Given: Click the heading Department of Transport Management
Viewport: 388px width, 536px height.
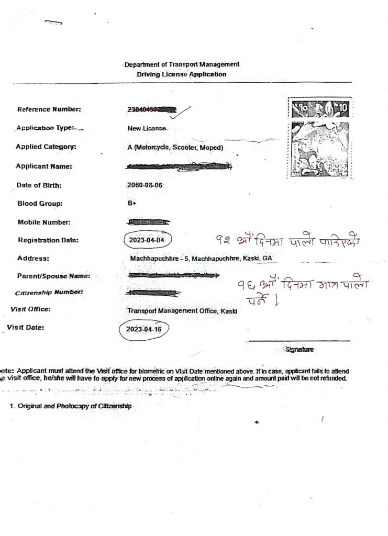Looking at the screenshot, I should [x=182, y=65].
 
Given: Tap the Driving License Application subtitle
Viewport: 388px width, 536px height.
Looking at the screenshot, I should [x=182, y=74].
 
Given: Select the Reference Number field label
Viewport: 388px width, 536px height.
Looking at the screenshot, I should [x=49, y=110].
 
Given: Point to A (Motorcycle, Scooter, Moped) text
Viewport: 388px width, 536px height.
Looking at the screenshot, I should [x=175, y=148].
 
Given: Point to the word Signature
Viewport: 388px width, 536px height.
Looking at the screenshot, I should [x=299, y=348].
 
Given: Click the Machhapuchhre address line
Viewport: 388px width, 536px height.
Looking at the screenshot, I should [x=201, y=259].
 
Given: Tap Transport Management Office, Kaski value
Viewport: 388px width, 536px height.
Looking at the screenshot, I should [x=182, y=311].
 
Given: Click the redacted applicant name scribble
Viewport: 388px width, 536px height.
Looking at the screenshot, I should [x=179, y=166].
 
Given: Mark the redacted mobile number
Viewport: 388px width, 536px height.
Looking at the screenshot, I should [x=149, y=222].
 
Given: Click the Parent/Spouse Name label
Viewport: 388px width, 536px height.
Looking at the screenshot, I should [x=54, y=276].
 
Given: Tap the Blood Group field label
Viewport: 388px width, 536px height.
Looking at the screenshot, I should [x=40, y=204].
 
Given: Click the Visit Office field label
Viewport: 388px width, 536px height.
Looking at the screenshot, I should [x=30, y=309].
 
